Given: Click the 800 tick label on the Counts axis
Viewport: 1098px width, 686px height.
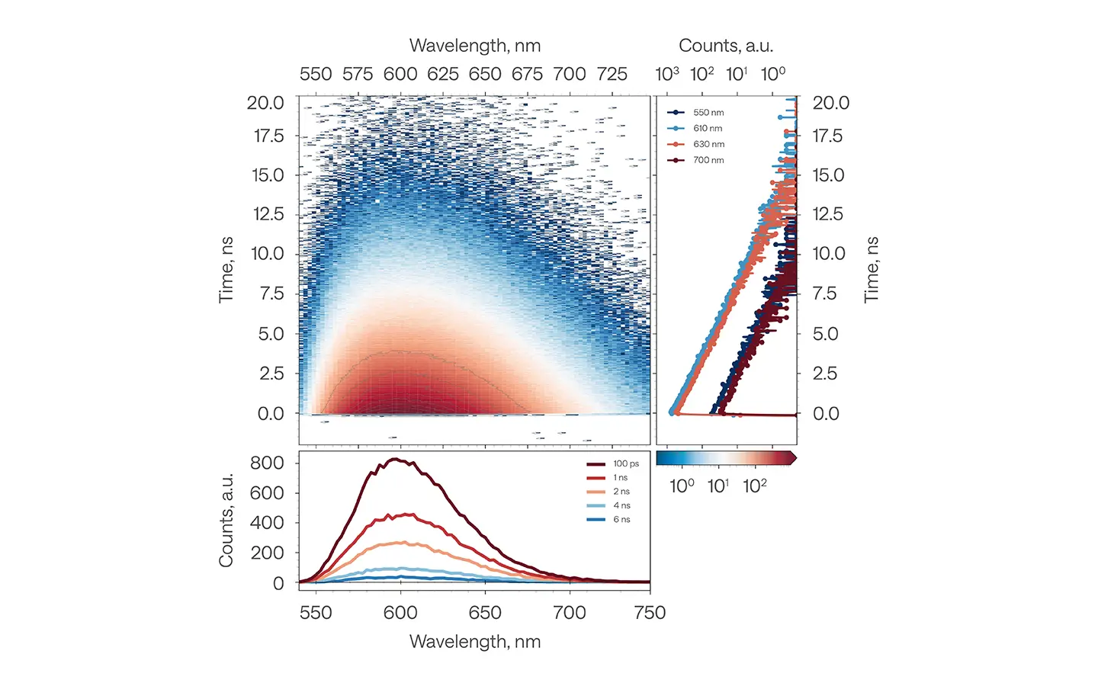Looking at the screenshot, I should tap(267, 463).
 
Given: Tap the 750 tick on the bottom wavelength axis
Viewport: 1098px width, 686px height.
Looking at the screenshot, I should tap(650, 613).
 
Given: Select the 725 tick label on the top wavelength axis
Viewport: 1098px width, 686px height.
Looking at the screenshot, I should tap(612, 74).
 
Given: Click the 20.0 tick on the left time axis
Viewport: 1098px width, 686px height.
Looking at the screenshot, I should tap(265, 103).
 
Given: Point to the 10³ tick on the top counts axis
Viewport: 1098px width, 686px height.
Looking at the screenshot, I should tap(667, 74).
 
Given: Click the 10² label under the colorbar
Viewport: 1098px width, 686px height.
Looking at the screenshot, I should tap(755, 486).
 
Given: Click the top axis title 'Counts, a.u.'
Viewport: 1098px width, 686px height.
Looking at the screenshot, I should tap(726, 46).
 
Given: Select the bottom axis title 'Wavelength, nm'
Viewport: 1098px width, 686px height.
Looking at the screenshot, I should tap(475, 642).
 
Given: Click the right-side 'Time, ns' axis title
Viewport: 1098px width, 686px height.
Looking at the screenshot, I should tap(872, 270).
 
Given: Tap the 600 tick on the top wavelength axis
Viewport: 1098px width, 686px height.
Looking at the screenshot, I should tap(400, 74).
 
